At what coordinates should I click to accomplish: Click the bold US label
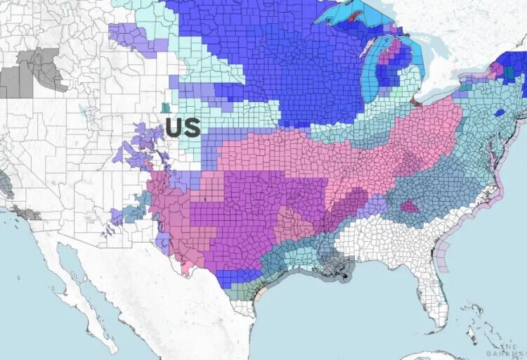183,127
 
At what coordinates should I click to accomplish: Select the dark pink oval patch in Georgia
410,206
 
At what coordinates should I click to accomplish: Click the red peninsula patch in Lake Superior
353,15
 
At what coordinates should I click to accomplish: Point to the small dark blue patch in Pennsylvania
499,112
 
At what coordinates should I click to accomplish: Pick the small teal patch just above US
165,108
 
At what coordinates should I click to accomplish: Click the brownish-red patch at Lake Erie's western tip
415,103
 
